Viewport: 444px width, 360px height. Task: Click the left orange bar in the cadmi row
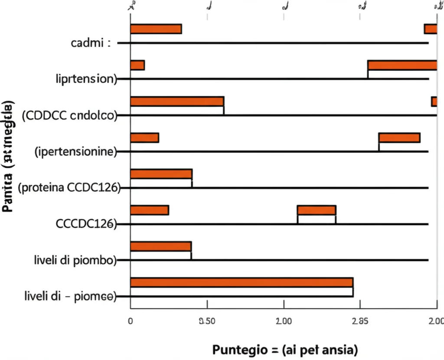(156, 29)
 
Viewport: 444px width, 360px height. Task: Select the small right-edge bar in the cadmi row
(430, 29)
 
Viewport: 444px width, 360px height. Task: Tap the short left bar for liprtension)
(137, 65)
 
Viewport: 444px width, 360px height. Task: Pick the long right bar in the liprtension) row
(402, 65)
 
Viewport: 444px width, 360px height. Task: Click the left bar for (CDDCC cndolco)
(177, 101)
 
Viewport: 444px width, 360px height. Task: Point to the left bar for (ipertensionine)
(144, 138)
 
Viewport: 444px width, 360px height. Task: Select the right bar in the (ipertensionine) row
(399, 138)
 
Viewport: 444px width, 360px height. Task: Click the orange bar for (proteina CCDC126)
(161, 174)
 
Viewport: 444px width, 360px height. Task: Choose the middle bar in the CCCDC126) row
(317, 210)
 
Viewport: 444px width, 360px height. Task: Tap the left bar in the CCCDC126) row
(149, 210)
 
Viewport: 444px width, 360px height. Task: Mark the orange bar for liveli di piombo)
(160, 246)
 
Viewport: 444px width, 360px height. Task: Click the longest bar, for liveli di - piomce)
(242, 282)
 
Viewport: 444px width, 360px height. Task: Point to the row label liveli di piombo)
(75, 260)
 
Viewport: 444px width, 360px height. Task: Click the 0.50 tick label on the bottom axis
(207, 321)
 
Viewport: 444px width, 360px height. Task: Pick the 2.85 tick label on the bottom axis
(360, 321)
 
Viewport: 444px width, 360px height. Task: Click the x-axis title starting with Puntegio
(284, 349)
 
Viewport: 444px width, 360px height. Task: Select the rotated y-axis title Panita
(7, 156)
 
